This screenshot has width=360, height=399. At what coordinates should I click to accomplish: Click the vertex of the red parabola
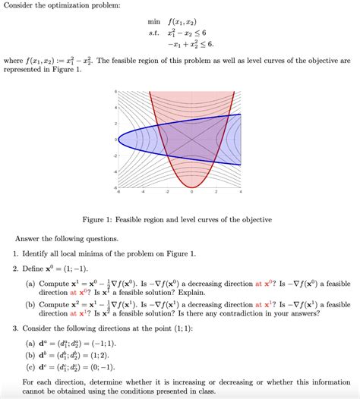tap(192, 186)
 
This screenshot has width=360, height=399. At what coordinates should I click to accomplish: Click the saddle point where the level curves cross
tap(191, 139)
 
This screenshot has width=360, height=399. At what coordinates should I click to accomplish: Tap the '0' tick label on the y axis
tap(115, 140)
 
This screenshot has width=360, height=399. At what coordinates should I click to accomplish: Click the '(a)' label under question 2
tap(30, 284)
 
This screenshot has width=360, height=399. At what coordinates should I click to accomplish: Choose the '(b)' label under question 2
tap(30, 303)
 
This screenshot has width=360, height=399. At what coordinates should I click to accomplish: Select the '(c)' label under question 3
tap(30, 365)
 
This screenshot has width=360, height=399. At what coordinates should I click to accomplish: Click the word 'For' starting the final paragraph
tap(30, 382)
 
